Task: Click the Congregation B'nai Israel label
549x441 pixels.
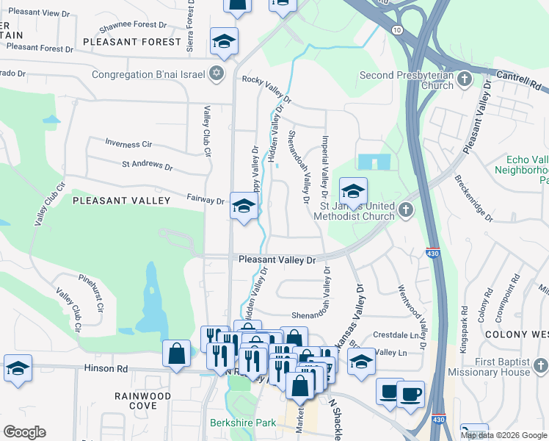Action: [147, 74]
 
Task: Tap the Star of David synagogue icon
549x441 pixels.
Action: [216, 73]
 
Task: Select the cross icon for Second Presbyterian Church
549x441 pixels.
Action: [464, 79]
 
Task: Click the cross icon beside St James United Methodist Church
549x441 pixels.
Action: [404, 211]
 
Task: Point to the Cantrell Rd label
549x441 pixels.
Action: [517, 75]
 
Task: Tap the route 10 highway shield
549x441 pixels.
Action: [396, 29]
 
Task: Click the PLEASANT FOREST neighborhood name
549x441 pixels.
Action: [131, 42]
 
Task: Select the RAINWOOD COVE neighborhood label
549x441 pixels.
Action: [142, 401]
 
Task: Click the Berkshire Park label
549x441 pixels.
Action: [241, 423]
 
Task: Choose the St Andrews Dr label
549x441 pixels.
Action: [147, 167]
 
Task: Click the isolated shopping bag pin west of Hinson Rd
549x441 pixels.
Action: [177, 354]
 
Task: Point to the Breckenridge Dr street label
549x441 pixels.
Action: [473, 198]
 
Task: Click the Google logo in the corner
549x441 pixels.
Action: [24, 432]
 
